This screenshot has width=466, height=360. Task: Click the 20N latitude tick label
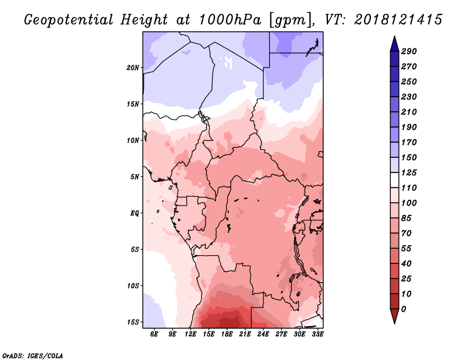click(x=133, y=68)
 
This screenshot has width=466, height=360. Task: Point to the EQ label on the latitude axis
click(x=135, y=213)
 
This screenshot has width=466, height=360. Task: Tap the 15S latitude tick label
click(x=133, y=322)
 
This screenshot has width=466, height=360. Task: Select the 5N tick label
click(x=135, y=177)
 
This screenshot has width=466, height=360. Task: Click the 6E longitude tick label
click(x=154, y=334)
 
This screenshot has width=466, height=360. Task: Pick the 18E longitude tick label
click(x=227, y=334)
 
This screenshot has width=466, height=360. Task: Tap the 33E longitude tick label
click(x=317, y=334)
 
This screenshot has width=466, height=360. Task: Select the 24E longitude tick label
click(x=263, y=334)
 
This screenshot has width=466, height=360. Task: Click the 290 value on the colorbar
click(x=409, y=51)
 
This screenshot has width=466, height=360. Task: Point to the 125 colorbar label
click(x=409, y=172)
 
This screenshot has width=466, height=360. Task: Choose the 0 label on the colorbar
click(x=403, y=309)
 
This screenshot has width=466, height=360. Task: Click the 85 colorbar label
click(x=406, y=218)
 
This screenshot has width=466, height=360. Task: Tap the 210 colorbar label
click(x=409, y=112)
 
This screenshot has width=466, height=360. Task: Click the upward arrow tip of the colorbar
click(x=394, y=36)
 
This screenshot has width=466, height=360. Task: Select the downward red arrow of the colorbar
click(x=394, y=315)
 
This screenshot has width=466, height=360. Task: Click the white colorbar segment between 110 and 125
click(x=394, y=180)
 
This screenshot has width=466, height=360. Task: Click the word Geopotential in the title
click(x=69, y=20)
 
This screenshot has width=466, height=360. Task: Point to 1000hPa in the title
click(x=230, y=20)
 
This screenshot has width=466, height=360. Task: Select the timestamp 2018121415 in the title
click(x=398, y=20)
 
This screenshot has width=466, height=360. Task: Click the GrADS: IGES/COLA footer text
click(x=33, y=355)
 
